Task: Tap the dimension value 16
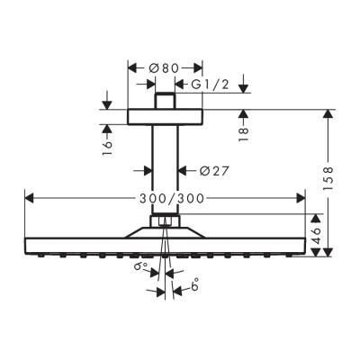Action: click(x=107, y=142)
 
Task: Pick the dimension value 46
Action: click(x=316, y=236)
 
